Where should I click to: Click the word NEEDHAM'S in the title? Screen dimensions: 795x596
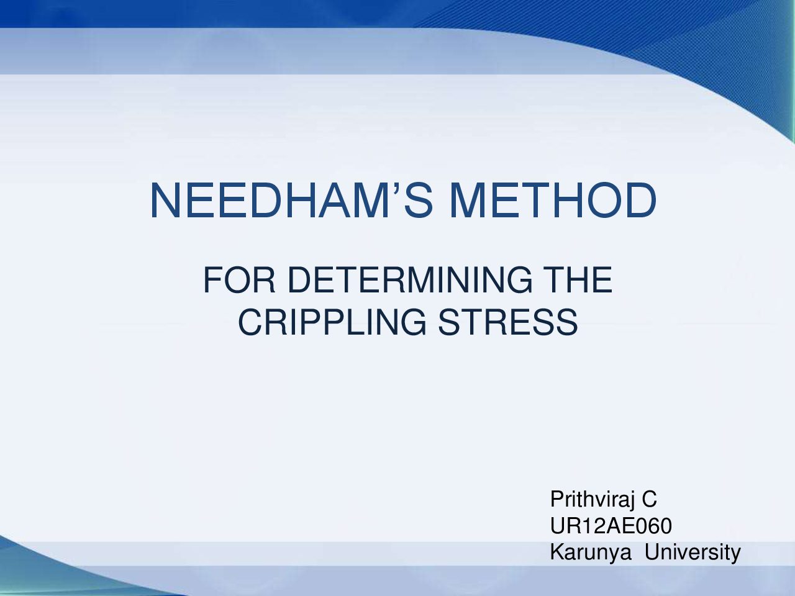coord(291,201)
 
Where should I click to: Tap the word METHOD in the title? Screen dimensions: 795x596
coord(553,201)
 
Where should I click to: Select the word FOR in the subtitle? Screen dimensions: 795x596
coord(239,280)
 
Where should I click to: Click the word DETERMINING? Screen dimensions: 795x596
coord(410,280)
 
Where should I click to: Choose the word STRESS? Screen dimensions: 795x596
coord(508,322)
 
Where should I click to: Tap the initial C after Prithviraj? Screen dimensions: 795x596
coord(649,499)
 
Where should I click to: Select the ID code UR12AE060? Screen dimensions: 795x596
coord(611,526)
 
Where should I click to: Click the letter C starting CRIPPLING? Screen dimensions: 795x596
coord(250,322)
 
